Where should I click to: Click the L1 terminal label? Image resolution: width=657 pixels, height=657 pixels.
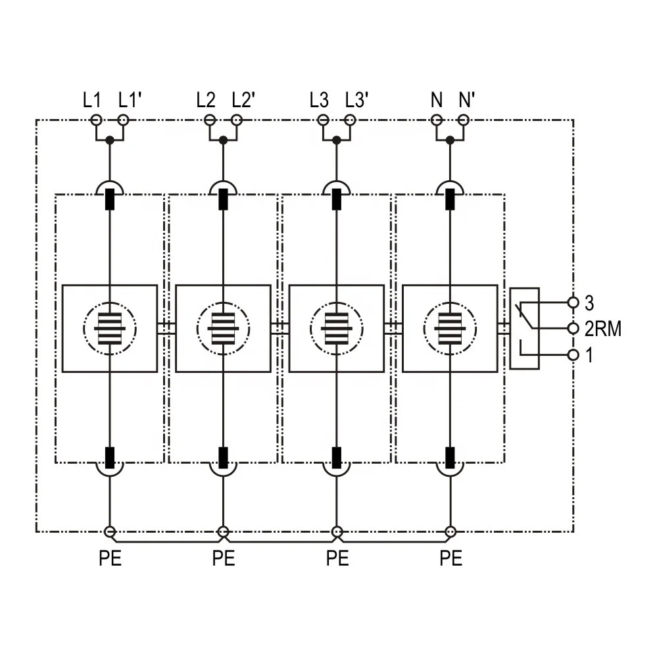(x=92, y=101)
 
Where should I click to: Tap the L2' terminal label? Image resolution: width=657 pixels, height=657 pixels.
(x=243, y=101)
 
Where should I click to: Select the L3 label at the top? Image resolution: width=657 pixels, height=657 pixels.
(x=319, y=101)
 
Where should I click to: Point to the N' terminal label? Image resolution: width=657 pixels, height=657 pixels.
(x=467, y=101)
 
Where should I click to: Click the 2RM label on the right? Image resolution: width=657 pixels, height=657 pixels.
(x=603, y=329)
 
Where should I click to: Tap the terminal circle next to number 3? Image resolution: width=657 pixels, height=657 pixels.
(x=573, y=302)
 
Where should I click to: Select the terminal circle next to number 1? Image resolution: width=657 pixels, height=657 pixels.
(x=573, y=355)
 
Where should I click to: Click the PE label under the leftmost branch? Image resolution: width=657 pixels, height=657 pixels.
(x=110, y=558)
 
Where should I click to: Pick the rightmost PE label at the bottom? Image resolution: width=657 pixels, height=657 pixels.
(x=451, y=558)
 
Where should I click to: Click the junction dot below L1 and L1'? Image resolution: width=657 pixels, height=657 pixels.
(x=110, y=140)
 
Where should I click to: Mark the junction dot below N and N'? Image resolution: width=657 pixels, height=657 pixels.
(x=450, y=140)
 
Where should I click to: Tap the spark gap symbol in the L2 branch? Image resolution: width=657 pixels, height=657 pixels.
(x=224, y=329)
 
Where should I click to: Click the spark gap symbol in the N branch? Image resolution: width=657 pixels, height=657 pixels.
(x=450, y=329)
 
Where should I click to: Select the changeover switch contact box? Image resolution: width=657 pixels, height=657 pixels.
(x=524, y=329)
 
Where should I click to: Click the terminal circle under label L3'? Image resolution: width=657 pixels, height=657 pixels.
(x=351, y=120)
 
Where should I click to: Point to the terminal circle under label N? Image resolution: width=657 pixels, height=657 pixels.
(x=437, y=120)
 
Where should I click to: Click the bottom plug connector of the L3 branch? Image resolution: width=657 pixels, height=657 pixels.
(x=337, y=461)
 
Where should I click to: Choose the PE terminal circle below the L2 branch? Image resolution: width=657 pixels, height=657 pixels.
(x=224, y=532)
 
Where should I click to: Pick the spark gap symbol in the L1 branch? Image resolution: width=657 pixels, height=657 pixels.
(x=110, y=329)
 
